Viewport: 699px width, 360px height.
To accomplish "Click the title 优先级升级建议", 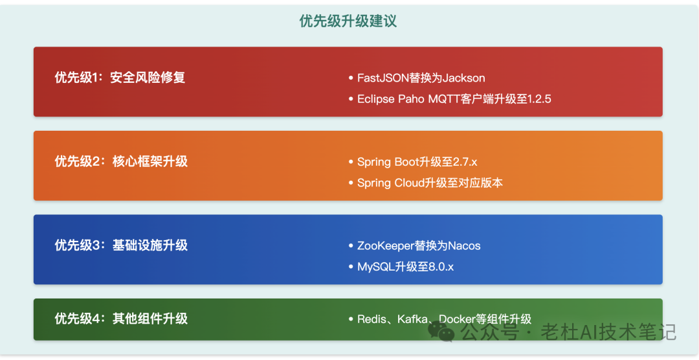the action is (x=348, y=21).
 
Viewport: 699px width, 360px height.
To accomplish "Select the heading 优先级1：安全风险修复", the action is (x=120, y=78).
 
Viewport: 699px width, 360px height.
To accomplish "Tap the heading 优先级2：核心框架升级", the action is (x=121, y=161).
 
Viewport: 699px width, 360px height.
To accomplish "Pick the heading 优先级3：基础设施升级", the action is (x=121, y=245).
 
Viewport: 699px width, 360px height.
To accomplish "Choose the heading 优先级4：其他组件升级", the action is (x=121, y=319).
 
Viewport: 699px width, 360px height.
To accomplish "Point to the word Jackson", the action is (x=461, y=78).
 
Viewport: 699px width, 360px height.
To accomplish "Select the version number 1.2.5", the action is (x=539, y=99).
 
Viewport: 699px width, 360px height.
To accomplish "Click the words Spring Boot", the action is (x=388, y=162).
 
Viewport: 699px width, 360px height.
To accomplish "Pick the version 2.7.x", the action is (x=465, y=162).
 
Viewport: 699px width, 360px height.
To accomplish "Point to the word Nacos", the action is (x=464, y=246).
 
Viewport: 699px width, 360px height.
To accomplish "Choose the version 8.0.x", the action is (x=441, y=267).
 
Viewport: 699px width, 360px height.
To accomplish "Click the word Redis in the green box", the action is (x=370, y=319).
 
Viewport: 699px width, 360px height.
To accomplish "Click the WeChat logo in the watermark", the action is (x=441, y=332).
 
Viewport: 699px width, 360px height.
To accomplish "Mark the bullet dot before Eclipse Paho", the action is (x=351, y=99).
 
